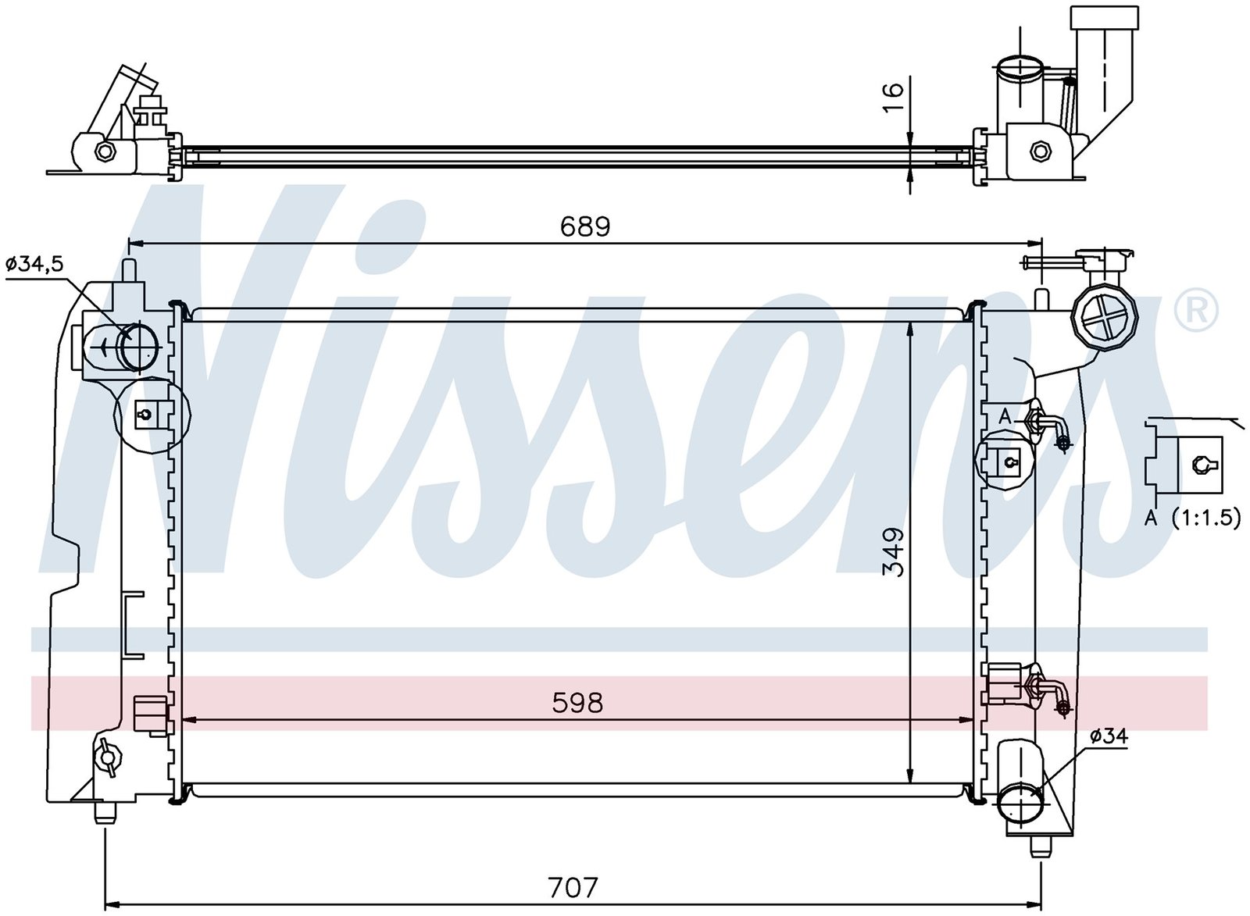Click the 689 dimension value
tap(585, 226)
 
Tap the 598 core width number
tap(577, 704)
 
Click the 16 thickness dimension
tap(893, 97)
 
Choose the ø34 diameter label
tap(1109, 736)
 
